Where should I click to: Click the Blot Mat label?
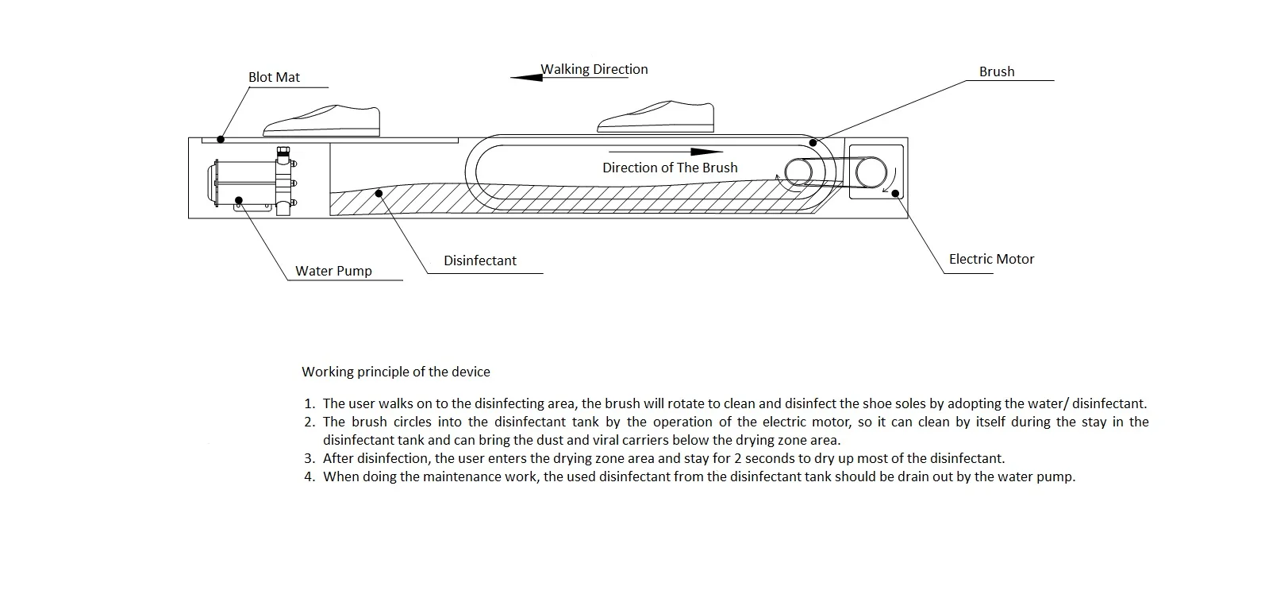pyautogui.click(x=274, y=77)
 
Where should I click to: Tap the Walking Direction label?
pyautogui.click(x=594, y=69)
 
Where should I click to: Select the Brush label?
pyautogui.click(x=997, y=71)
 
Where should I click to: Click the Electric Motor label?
pyautogui.click(x=991, y=259)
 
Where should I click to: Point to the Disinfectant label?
pyautogui.click(x=480, y=260)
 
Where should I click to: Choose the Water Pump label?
pyautogui.click(x=333, y=271)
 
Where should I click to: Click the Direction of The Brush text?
pyautogui.click(x=670, y=168)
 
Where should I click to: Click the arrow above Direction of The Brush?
pyautogui.click(x=667, y=151)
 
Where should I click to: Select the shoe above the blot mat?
pyautogui.click(x=322, y=121)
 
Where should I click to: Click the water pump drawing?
pyautogui.click(x=254, y=182)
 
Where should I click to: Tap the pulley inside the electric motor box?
pyautogui.click(x=870, y=171)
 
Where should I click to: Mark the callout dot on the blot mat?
pyautogui.click(x=221, y=140)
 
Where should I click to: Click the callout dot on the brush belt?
pyautogui.click(x=813, y=143)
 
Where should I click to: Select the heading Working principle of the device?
pyautogui.click(x=396, y=372)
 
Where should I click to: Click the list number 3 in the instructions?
pyautogui.click(x=309, y=458)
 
